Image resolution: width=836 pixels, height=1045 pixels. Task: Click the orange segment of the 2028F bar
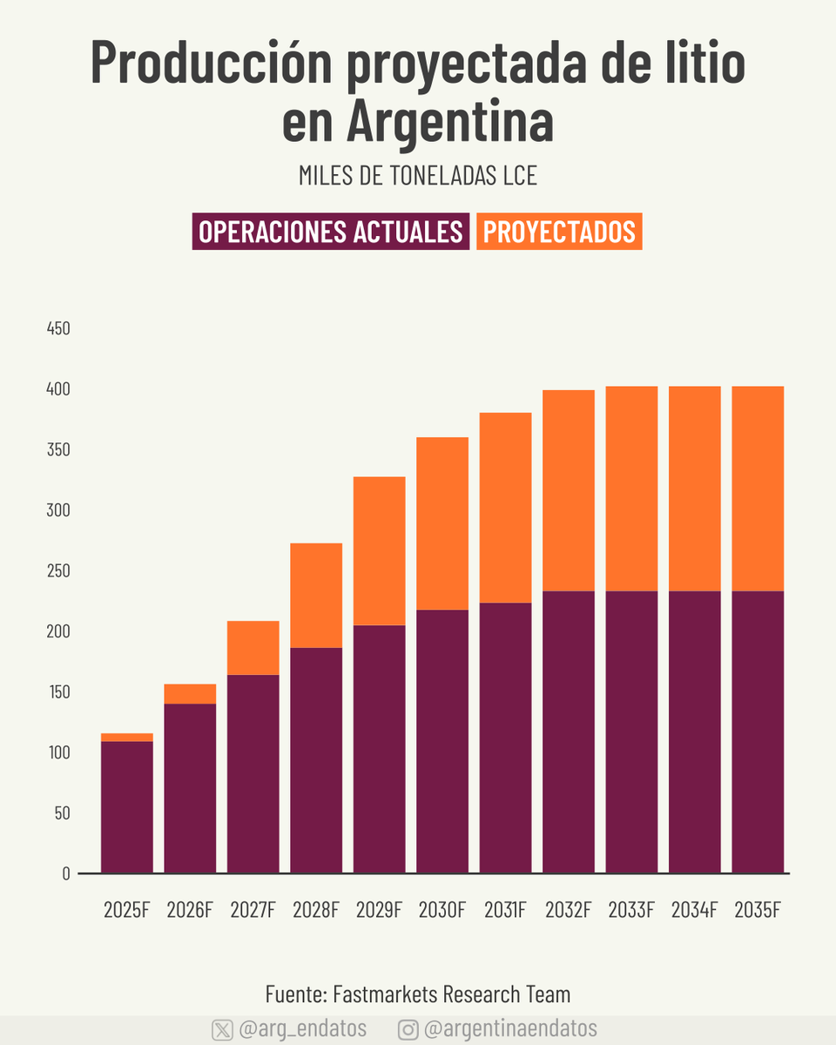tap(316, 596)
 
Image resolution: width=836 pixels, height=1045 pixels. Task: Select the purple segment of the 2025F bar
tap(127, 806)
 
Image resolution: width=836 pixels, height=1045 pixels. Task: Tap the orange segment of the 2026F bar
tap(190, 694)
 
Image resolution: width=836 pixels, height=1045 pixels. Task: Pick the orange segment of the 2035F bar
tap(758, 489)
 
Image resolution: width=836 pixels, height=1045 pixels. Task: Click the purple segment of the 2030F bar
tap(442, 741)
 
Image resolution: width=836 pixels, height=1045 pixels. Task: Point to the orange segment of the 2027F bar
tap(253, 648)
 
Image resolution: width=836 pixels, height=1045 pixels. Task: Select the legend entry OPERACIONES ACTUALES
tap(331, 232)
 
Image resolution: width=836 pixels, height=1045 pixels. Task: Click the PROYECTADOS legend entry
tap(559, 232)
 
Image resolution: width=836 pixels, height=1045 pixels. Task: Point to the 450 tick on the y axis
tap(58, 329)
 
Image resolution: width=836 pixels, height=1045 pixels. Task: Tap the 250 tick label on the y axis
tap(58, 571)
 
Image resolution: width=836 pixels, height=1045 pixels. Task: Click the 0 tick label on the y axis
tap(65, 873)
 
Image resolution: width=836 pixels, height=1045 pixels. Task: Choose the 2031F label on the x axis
tap(505, 911)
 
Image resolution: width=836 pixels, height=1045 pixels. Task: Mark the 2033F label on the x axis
tap(631, 911)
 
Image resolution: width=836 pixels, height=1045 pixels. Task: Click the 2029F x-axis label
tap(379, 911)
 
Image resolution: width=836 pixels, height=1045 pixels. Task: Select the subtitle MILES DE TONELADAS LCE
tap(418, 175)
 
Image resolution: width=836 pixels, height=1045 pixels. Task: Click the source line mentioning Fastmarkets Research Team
tap(418, 994)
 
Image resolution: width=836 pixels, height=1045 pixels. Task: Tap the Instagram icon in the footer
tap(408, 1029)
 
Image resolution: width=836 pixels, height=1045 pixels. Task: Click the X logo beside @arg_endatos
tap(222, 1029)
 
